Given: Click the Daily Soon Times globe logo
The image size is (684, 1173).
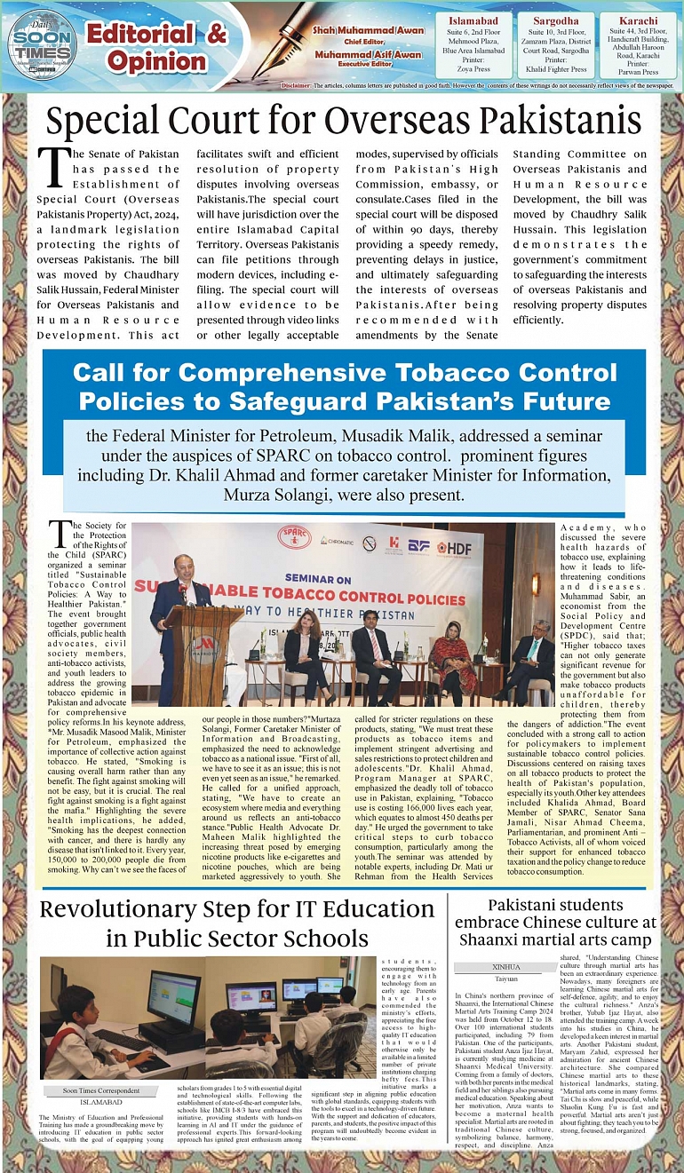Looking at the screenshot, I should pyautogui.click(x=41, y=45).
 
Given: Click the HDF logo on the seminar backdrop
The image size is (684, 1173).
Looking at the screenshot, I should pyautogui.click(x=453, y=547).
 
